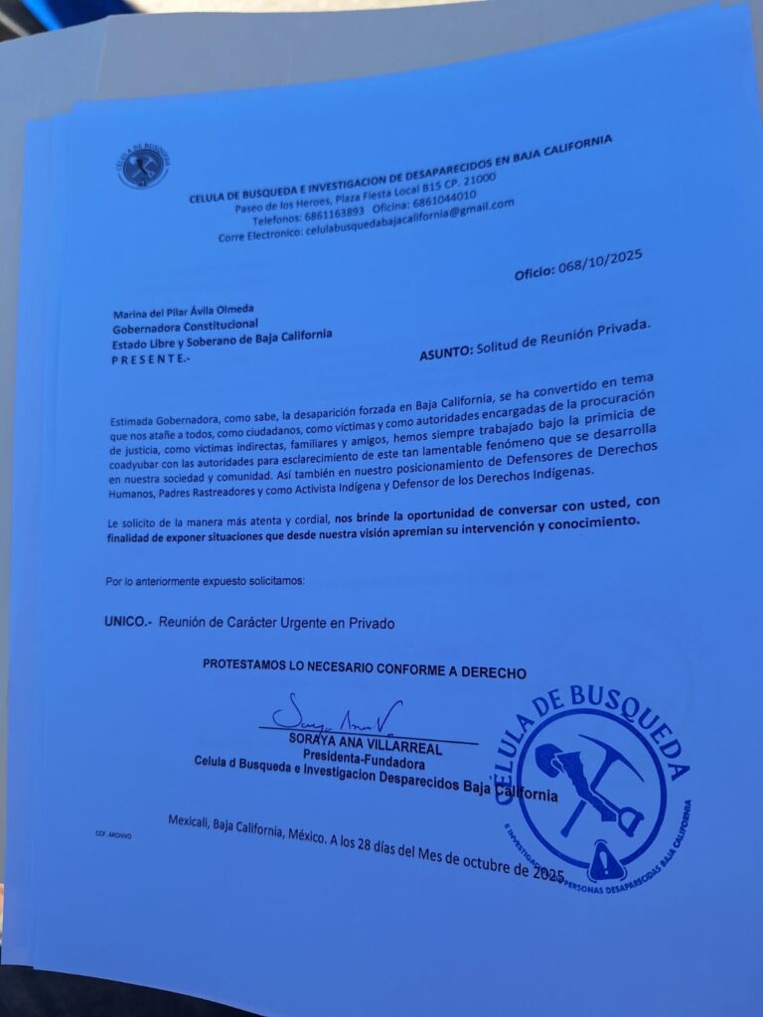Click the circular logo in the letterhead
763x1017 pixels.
pyautogui.click(x=143, y=166)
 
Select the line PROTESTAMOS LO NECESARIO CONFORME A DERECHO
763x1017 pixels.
pyautogui.click(x=365, y=670)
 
